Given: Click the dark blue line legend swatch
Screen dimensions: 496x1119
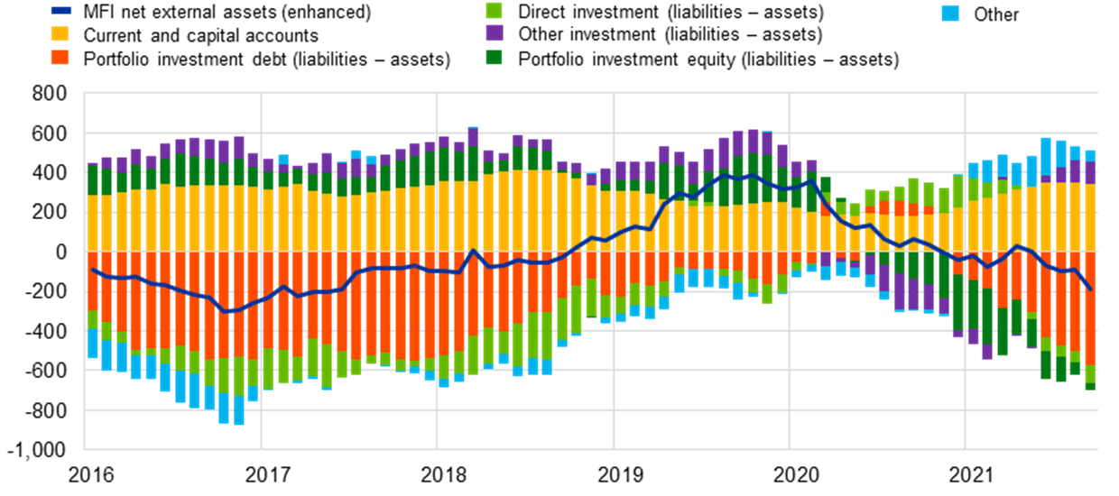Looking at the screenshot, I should point(60,11).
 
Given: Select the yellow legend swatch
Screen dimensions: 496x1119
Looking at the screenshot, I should point(60,33).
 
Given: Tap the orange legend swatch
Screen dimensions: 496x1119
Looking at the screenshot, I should point(60,57).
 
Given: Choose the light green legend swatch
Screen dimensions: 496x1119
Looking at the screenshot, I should point(494,10).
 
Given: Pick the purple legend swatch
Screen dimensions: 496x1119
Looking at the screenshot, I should point(494,33).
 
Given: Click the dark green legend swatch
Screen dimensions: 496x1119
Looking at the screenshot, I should point(494,57).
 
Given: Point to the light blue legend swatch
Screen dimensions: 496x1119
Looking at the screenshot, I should point(949,13).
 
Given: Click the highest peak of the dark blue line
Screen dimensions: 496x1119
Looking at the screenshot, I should point(726,174).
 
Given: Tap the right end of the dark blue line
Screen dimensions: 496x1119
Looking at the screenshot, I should point(1091,289).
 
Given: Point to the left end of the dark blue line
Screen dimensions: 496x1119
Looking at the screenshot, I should point(92,269).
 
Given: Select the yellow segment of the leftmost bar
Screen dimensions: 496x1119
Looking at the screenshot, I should point(92,223).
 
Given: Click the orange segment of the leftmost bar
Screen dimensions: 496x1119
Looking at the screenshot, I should point(92,281).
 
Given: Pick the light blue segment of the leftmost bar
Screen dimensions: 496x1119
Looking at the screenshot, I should point(92,344).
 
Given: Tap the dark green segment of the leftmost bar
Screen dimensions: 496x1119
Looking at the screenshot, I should point(92,180).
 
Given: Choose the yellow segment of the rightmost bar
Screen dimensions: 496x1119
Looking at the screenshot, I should point(1090,217).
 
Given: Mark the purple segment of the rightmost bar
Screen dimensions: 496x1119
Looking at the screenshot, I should point(1090,172).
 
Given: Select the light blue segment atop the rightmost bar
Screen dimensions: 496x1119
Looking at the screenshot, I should point(1090,155).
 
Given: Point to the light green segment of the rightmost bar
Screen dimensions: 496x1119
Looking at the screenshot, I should point(1090,374).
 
